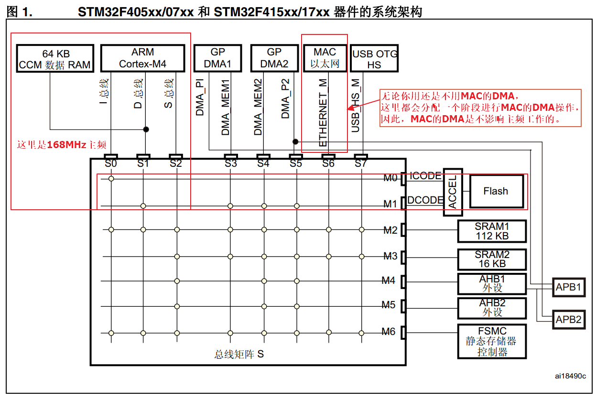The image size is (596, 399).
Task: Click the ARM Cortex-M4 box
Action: click(143, 58)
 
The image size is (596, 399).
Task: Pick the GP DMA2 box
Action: click(274, 58)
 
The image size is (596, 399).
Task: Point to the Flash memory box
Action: click(496, 191)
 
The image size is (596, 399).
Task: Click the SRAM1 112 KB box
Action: click(492, 231)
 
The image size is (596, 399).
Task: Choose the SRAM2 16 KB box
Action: click(492, 259)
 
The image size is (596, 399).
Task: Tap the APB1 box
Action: click(568, 288)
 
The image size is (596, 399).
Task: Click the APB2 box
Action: click(568, 320)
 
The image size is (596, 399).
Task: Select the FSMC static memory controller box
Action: click(492, 342)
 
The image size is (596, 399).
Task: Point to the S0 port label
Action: click(111, 164)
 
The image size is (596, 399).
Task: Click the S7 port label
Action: click(361, 164)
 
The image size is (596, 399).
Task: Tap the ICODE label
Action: click(425, 176)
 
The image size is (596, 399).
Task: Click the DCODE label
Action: click(425, 200)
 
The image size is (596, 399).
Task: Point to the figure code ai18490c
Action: click(570, 376)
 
